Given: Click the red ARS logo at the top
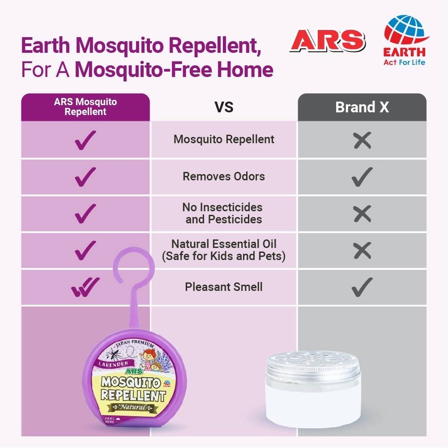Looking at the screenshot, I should [327, 42].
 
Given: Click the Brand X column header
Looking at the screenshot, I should [362, 107].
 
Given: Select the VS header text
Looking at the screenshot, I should [224, 107].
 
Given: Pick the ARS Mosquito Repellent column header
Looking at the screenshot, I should [85, 107].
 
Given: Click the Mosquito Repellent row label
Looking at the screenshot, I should [224, 139].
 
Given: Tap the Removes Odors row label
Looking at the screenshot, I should [224, 176].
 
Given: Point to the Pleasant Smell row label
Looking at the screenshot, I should [224, 287].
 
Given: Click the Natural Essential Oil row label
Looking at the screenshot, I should [224, 250].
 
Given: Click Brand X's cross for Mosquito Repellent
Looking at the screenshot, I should [362, 140].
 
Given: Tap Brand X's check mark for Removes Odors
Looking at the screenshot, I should [362, 177].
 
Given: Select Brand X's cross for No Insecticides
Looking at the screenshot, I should [362, 214].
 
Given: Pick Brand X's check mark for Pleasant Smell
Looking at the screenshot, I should [362, 287].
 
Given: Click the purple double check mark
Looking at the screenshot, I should [85, 287].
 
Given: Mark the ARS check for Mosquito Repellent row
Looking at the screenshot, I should [85, 140].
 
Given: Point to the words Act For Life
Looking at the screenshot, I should [404, 62].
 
